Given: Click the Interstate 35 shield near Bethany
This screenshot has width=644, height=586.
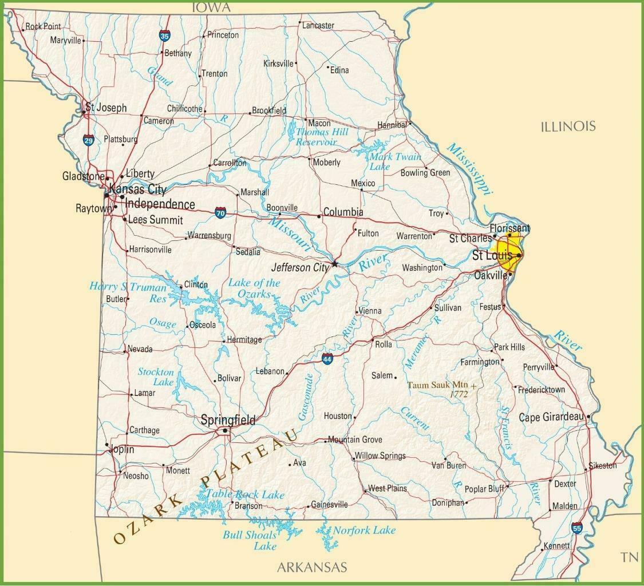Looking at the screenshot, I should [165, 36].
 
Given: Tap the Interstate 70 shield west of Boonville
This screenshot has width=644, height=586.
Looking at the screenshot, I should [221, 212].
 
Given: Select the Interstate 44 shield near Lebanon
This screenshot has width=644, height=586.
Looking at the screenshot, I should [327, 359].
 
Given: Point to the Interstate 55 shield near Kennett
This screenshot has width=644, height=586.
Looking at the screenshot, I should [576, 529].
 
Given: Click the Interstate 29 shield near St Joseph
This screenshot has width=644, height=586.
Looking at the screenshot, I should [88, 140].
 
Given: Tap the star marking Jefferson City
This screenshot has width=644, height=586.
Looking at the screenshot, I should [335, 264].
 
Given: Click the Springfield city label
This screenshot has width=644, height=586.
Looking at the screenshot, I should [228, 420].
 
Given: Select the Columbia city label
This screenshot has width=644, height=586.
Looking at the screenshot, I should [343, 212].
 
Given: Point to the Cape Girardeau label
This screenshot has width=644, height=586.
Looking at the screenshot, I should [550, 417].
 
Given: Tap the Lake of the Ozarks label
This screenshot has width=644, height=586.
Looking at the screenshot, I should [254, 288].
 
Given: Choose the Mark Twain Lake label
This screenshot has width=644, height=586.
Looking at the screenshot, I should [394, 161].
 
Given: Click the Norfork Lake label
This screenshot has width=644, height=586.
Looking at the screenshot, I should [364, 530].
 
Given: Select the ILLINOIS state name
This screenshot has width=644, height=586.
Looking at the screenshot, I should [568, 126].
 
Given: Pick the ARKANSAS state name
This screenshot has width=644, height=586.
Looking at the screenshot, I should [312, 568].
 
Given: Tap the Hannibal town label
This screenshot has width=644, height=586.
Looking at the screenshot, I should [392, 125].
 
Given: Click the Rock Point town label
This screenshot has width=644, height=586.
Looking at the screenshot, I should [43, 26].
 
